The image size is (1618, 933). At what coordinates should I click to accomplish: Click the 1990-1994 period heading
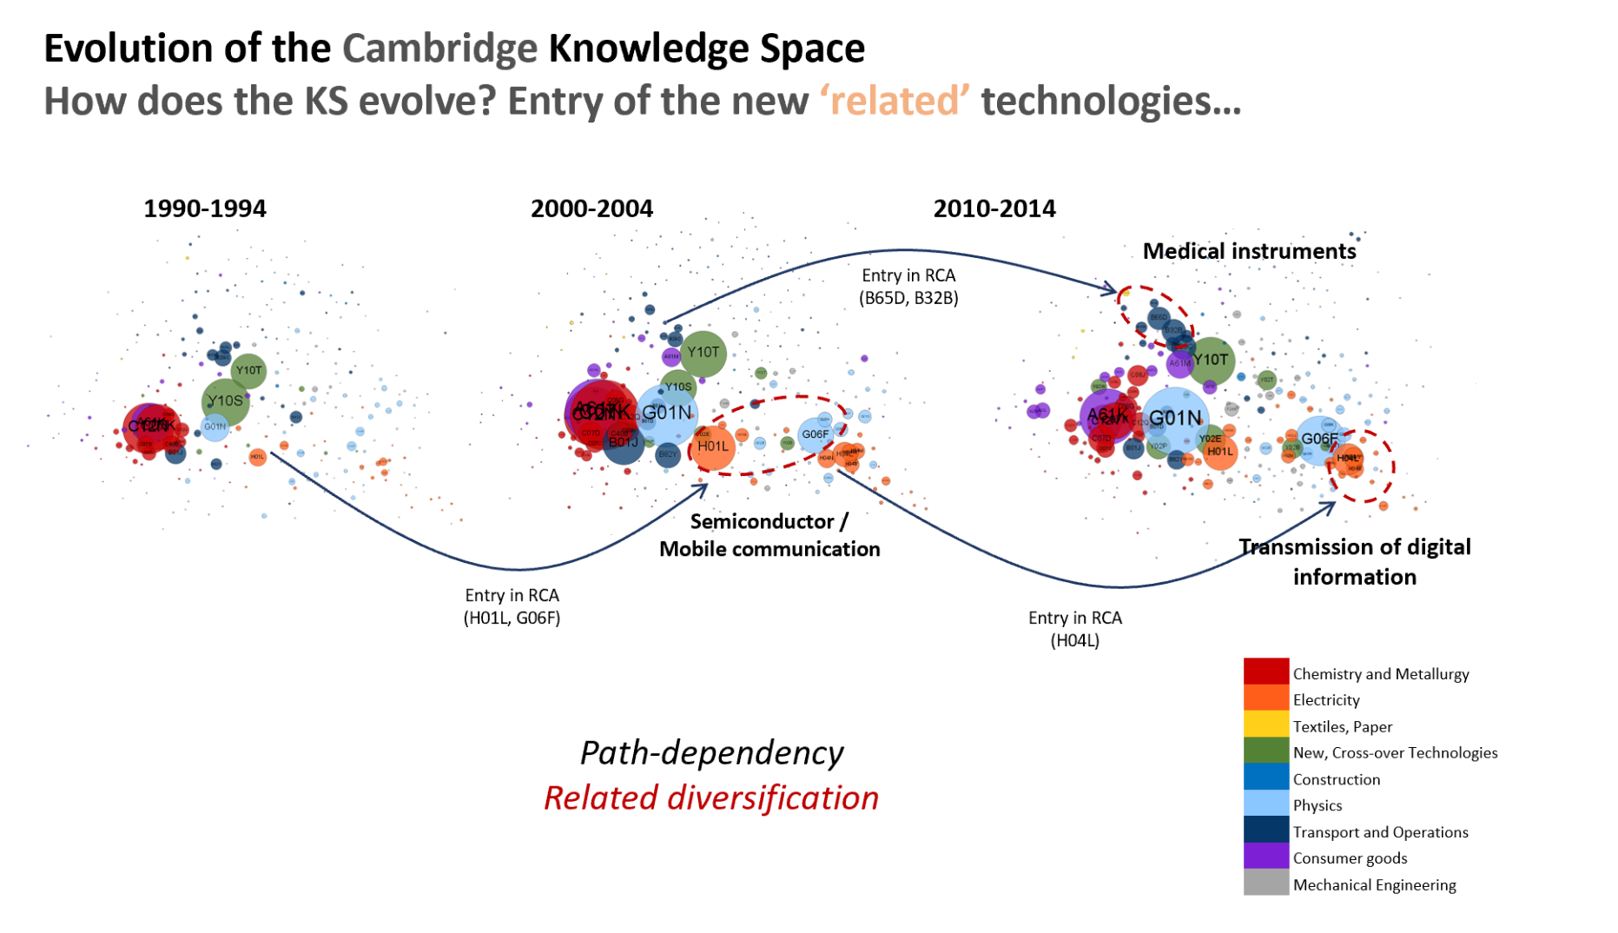pos(205,209)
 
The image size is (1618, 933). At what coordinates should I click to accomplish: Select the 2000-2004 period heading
pos(591,209)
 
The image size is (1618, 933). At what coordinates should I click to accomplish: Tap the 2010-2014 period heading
pos(994,209)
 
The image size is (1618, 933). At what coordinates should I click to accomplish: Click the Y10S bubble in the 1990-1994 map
pos(225,401)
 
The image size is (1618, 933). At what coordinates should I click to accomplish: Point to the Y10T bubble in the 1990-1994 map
pos(248,371)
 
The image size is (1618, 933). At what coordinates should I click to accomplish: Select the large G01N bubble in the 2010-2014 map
pos(1175,419)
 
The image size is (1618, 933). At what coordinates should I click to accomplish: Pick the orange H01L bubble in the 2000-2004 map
pos(712,447)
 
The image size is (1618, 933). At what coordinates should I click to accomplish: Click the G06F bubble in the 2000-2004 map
pos(815,434)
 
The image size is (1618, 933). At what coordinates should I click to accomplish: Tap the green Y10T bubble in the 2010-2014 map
pos(1210,361)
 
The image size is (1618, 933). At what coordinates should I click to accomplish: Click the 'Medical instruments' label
pos(1249,252)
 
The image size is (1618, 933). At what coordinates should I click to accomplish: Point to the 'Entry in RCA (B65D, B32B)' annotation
pos(908,287)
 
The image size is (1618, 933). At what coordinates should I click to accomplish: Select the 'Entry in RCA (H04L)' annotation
pos(1075,629)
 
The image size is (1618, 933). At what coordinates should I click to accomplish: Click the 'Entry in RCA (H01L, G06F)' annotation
pos(512,606)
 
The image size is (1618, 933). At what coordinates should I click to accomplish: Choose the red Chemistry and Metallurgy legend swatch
pos(1265,672)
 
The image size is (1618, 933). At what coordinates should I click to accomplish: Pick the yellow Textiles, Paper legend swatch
pos(1265,725)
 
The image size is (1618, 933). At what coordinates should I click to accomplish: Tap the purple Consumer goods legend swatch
pos(1265,856)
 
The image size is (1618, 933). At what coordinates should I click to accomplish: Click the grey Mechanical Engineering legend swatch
pos(1265,883)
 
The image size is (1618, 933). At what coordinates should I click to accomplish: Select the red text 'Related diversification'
pos(711,798)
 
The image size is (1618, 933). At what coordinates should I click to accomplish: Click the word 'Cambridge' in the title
pos(439,49)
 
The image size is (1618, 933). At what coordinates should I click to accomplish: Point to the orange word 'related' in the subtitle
pos(895,102)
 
